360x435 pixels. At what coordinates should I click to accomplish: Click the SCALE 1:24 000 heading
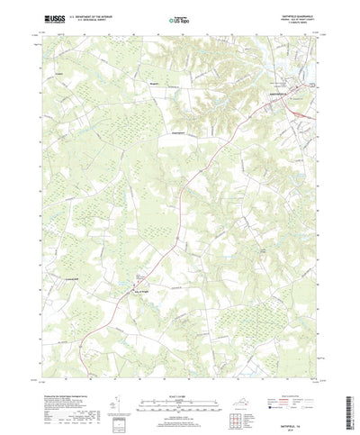click(179, 376)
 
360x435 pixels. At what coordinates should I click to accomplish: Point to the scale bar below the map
click(179, 385)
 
